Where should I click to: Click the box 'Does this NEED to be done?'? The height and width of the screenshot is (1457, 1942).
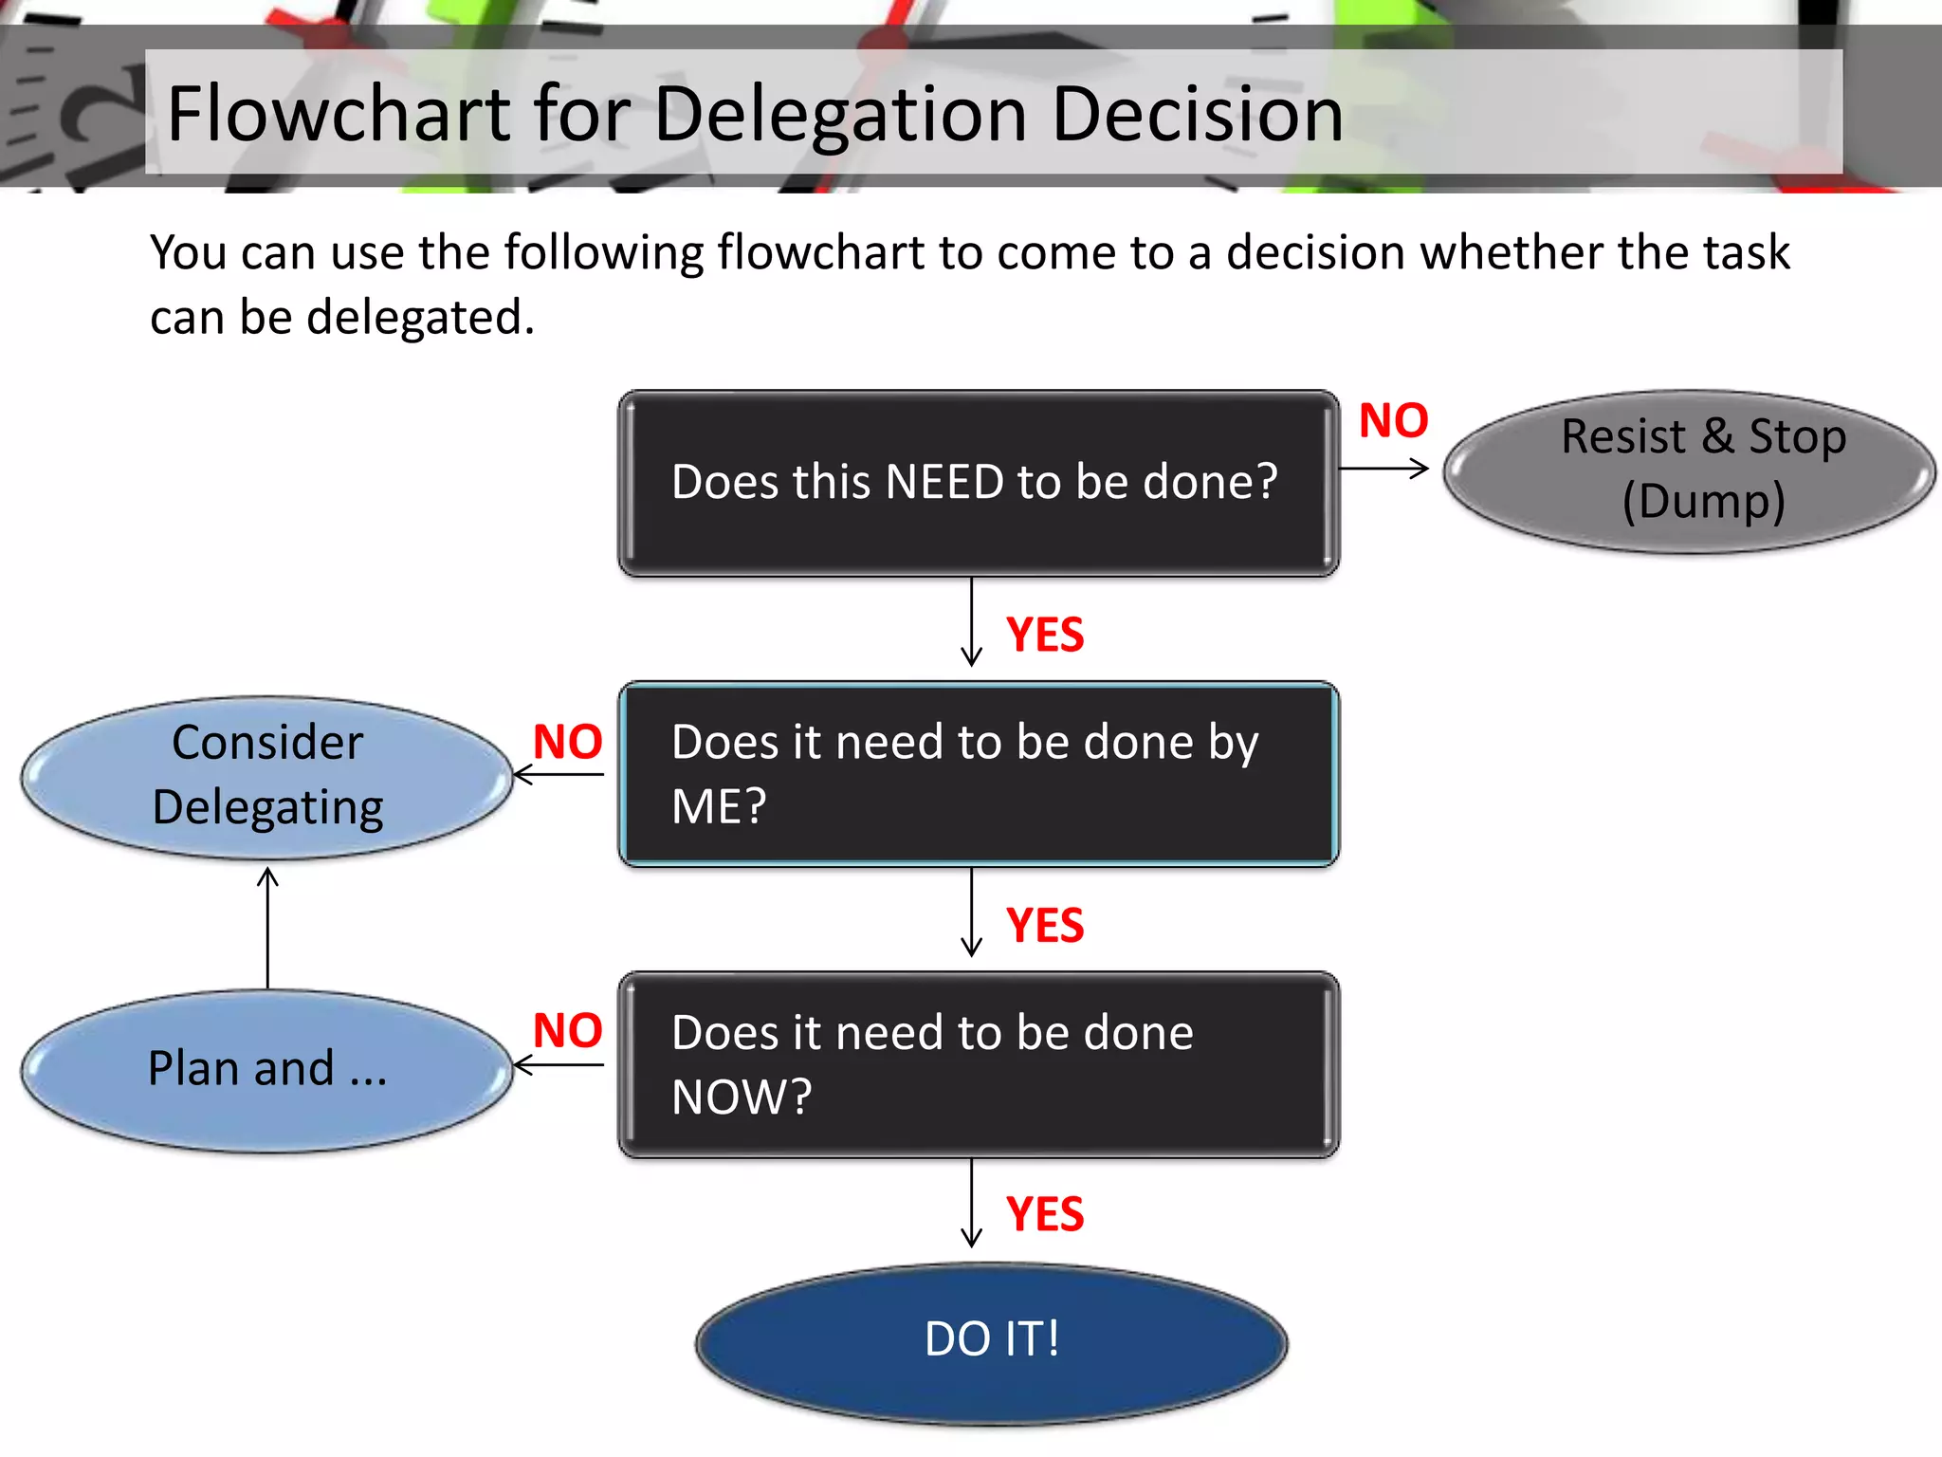[x=979, y=483]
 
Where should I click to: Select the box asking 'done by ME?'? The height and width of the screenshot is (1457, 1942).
[x=979, y=773]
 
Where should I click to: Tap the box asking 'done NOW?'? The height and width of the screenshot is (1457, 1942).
[x=979, y=1064]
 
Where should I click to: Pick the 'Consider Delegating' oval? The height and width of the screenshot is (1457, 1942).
[x=267, y=776]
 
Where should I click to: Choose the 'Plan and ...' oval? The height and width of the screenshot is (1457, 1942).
[x=267, y=1069]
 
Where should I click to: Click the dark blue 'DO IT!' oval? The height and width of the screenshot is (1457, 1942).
[x=992, y=1341]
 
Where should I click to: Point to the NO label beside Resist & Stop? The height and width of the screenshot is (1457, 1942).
[x=1393, y=420]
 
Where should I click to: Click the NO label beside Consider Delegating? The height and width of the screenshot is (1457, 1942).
[x=567, y=741]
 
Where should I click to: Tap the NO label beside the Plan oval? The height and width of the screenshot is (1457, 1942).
[x=567, y=1030]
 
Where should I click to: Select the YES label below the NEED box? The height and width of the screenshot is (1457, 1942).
[x=1045, y=635]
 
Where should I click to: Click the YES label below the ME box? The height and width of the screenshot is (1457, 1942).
[x=1045, y=925]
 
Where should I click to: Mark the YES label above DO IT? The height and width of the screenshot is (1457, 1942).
[x=1045, y=1214]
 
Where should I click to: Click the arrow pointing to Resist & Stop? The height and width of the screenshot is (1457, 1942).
[x=1383, y=469]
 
